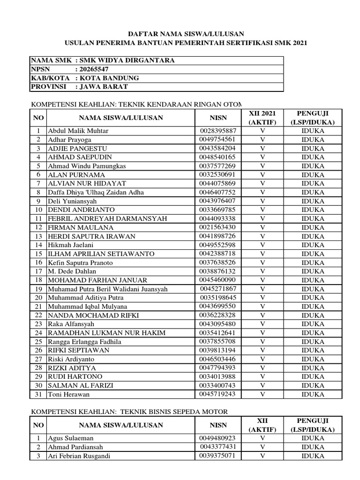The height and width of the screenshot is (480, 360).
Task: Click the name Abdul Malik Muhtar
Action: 78,131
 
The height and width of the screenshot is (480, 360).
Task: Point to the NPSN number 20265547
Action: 97,69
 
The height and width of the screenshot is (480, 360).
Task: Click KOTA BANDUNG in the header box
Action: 109,78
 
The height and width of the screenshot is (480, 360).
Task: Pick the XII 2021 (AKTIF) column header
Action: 262,118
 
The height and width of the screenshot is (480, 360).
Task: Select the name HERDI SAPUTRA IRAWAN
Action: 91,236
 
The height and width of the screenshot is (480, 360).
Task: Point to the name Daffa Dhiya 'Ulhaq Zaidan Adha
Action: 96,192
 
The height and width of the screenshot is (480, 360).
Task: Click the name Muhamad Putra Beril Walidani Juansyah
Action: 107,289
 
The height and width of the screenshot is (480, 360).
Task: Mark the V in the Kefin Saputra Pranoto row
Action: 262,262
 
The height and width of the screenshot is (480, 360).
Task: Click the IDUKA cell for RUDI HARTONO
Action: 313,377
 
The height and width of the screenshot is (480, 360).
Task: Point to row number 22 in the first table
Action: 38,315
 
